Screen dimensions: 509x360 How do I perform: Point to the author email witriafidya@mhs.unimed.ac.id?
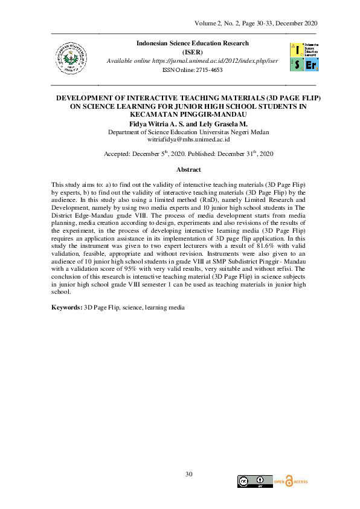188,139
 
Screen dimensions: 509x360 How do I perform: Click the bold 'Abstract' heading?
188,170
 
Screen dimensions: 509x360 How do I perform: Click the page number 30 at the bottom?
188,473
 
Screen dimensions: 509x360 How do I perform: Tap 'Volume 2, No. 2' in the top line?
217,23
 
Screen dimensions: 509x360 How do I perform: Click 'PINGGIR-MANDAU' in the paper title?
205,114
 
